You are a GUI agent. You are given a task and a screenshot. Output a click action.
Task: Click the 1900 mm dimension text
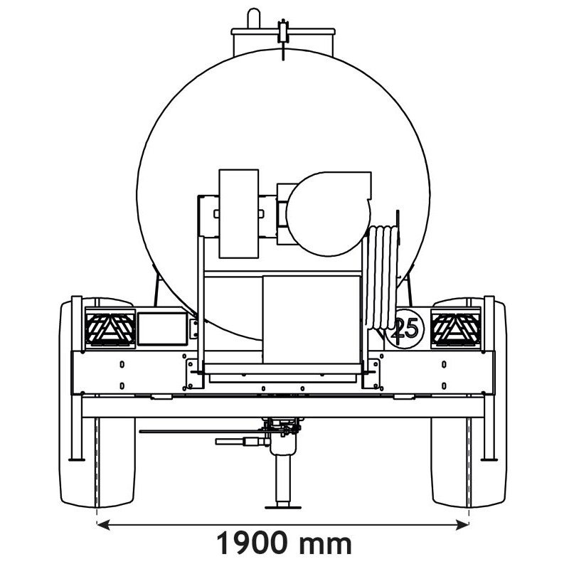coord(284,543)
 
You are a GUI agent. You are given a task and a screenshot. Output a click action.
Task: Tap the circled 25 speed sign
coord(405,328)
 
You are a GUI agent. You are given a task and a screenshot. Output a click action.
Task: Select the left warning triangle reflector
coord(110,328)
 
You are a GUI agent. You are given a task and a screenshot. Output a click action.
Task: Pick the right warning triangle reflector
coord(456,328)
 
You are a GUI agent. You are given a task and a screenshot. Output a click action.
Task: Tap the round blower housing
coord(329,214)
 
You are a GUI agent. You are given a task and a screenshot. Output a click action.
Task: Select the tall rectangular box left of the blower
coord(239,214)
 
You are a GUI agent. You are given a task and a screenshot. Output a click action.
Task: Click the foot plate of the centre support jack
coord(283,507)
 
